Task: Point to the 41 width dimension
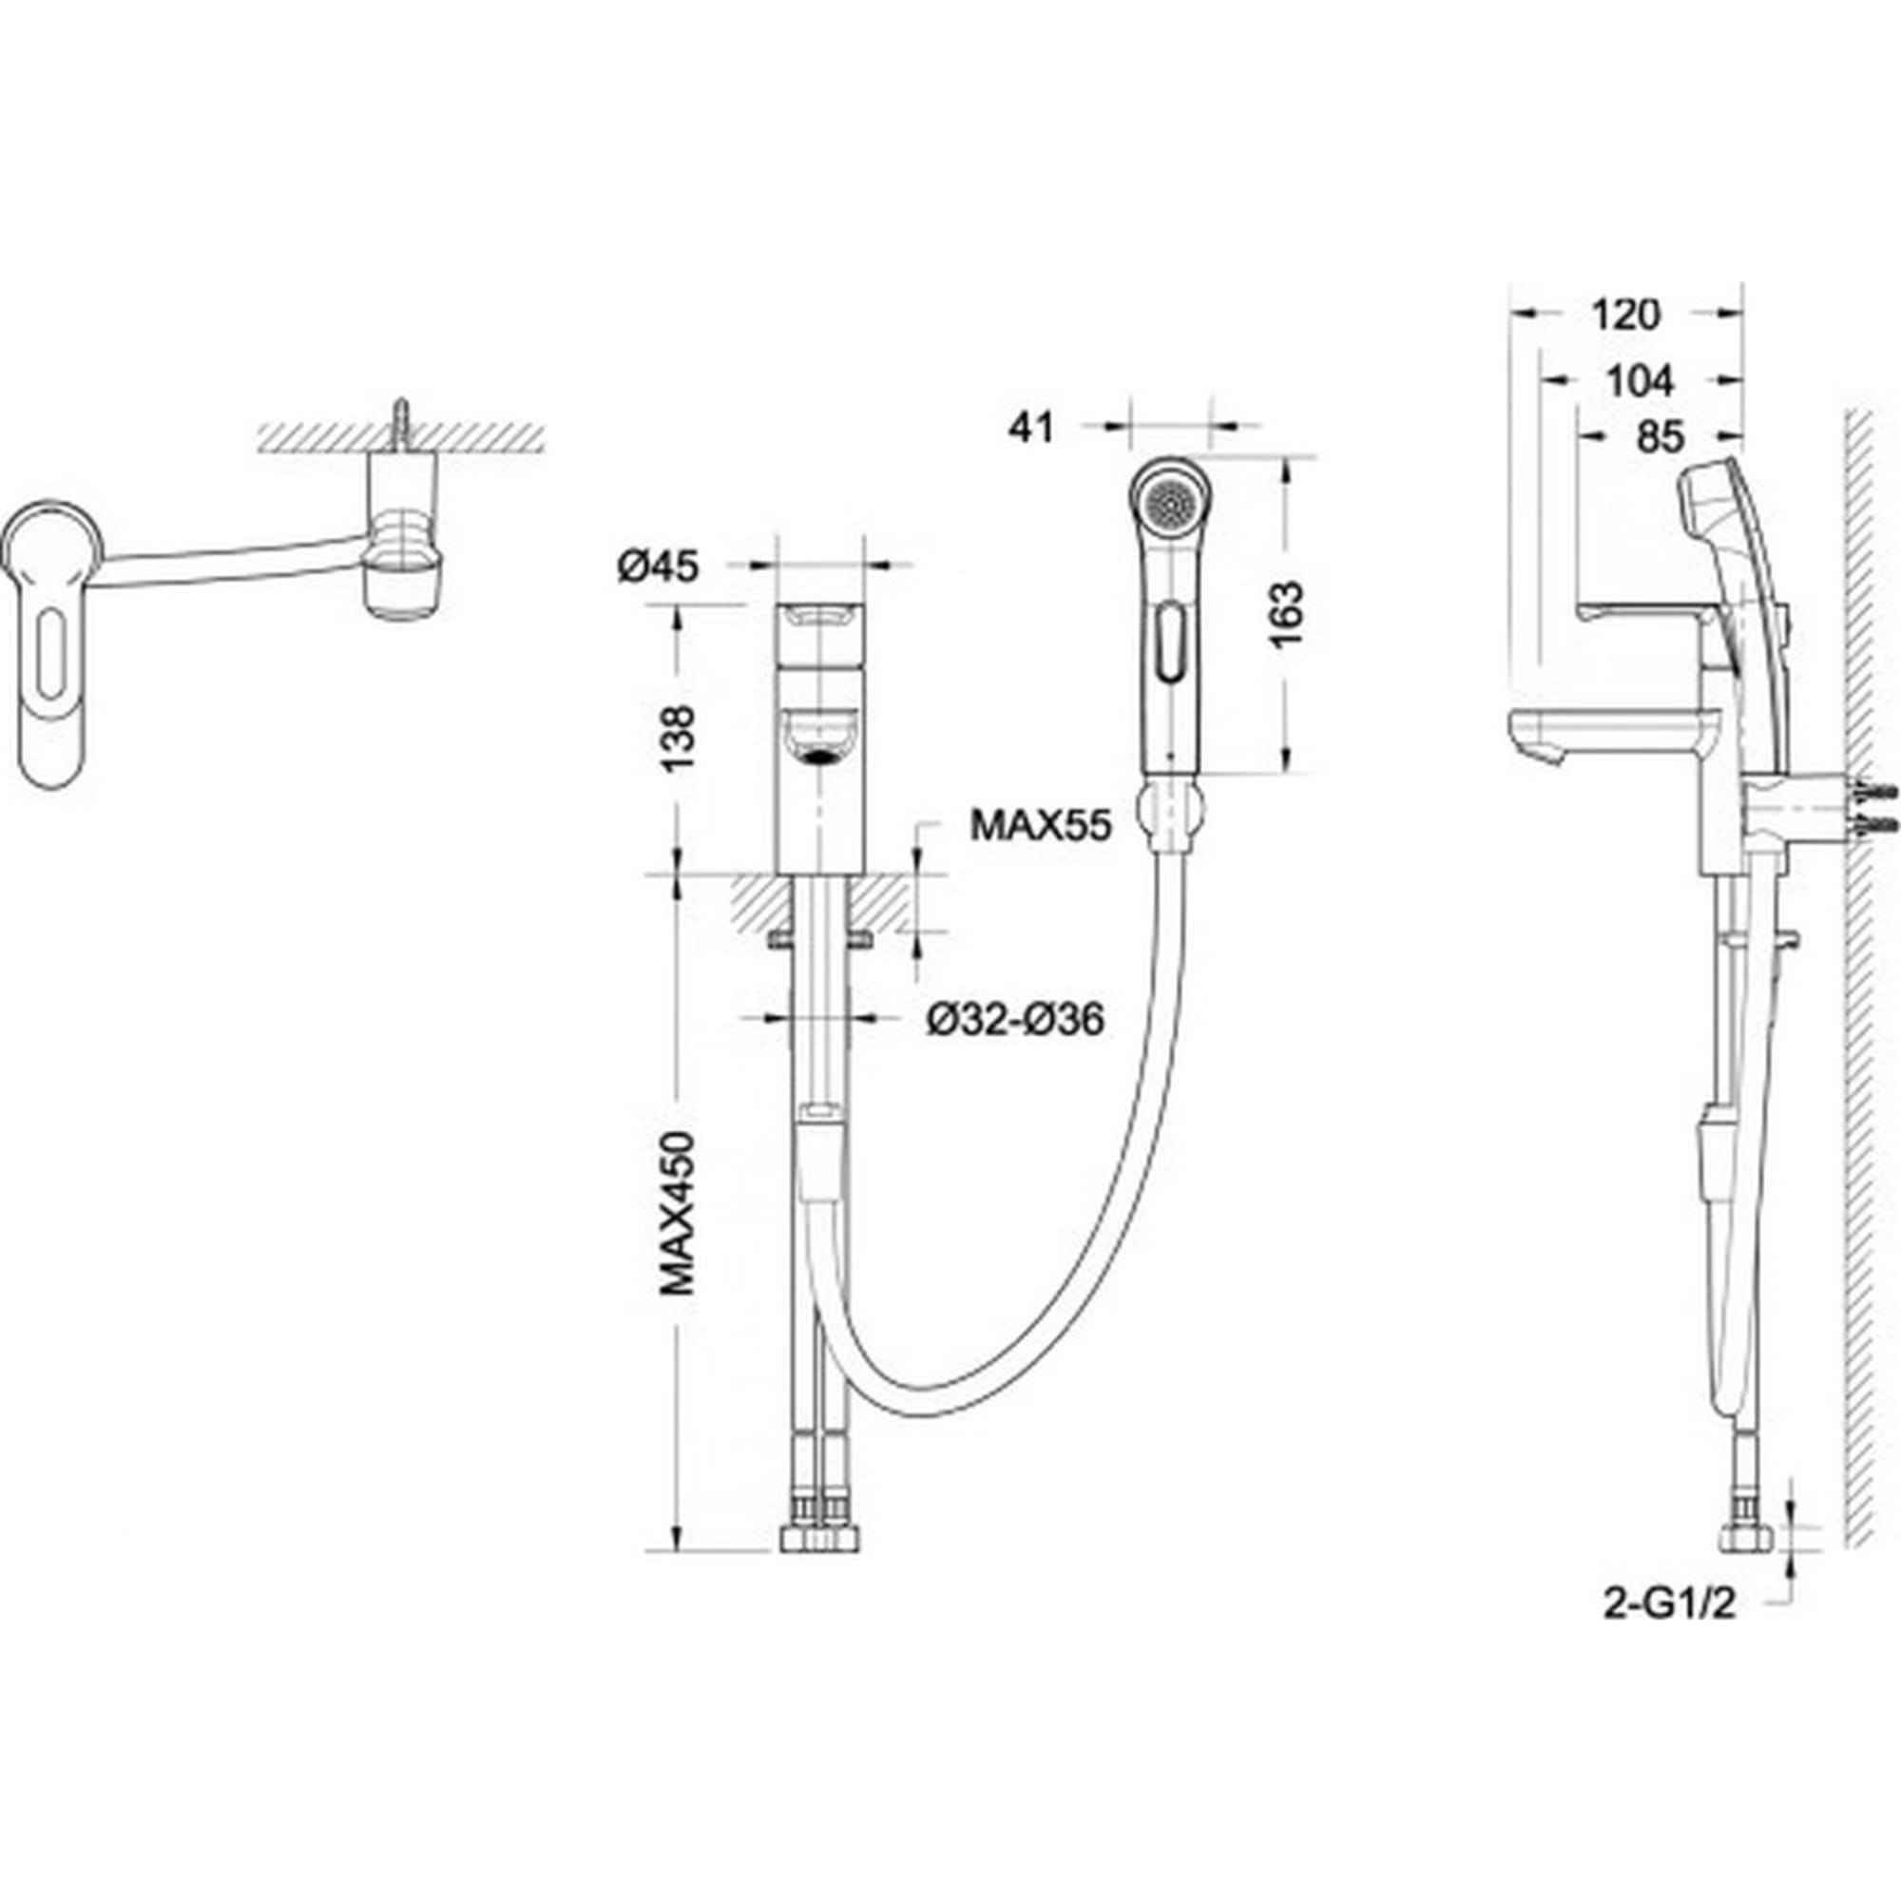(1031, 428)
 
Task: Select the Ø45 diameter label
(659, 566)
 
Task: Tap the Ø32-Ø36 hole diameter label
(1014, 1019)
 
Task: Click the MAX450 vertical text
(677, 1213)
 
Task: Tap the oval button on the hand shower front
(1168, 642)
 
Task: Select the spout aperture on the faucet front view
(817, 757)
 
